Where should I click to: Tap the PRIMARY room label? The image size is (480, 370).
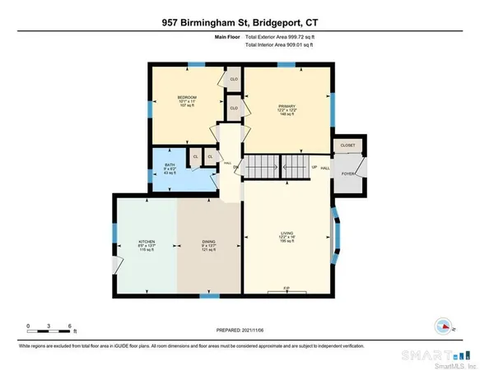(286, 105)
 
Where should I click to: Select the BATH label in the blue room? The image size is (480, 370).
(170, 152)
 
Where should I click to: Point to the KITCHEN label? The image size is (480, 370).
(147, 242)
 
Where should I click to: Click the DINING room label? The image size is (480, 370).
(209, 242)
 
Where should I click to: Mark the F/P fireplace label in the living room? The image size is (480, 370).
(286, 288)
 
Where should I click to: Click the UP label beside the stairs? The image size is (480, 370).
(314, 167)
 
